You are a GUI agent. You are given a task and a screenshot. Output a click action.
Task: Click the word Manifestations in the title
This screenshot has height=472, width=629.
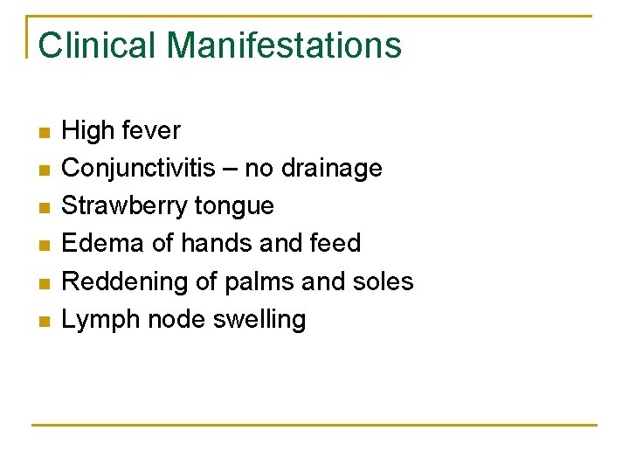pos(283,45)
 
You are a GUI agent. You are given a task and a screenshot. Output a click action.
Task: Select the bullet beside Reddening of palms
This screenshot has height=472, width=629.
pos(45,284)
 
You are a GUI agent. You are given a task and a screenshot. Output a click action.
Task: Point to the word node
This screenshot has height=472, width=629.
pos(176,320)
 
